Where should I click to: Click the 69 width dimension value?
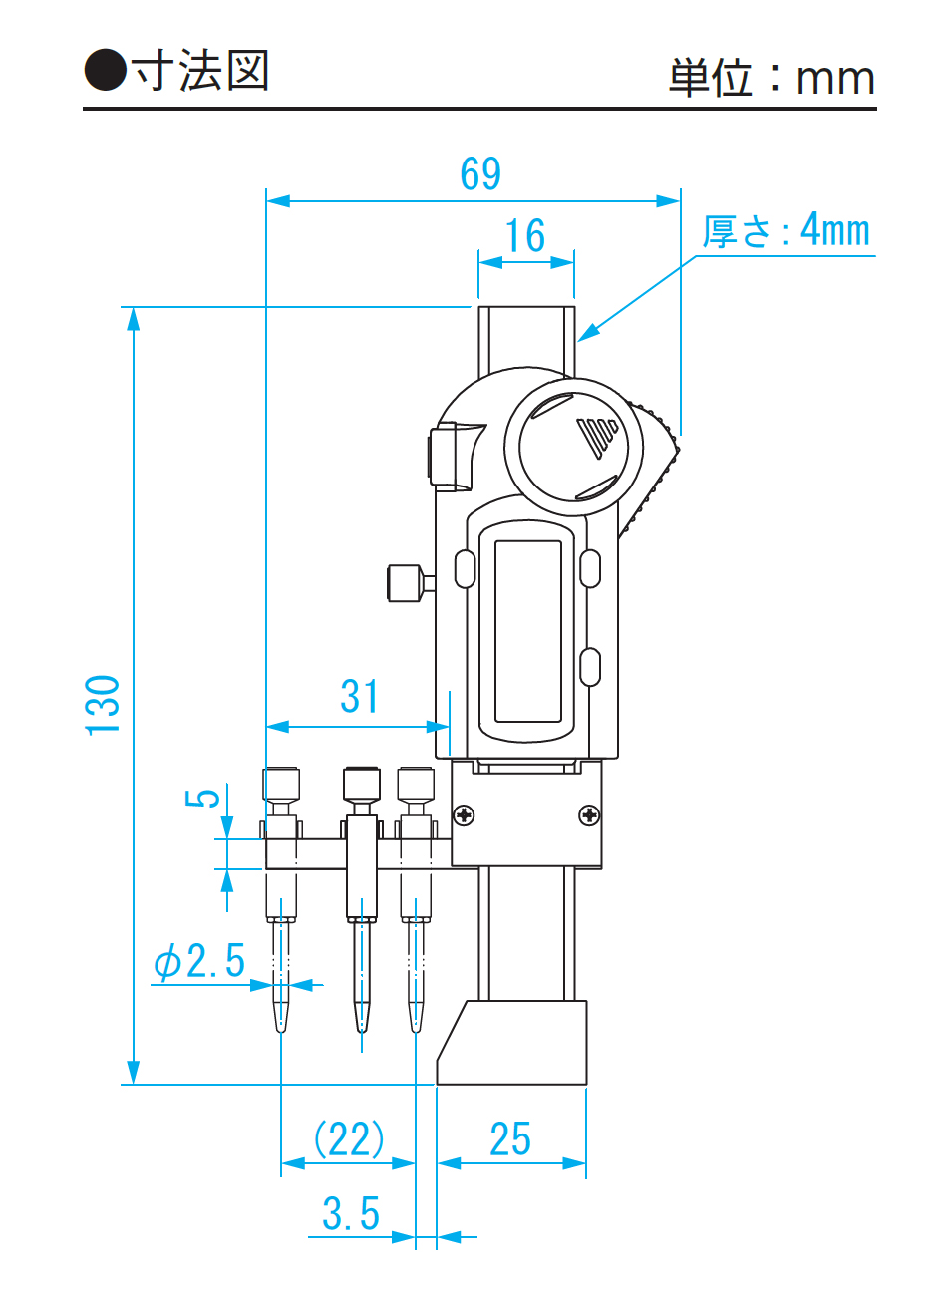pos(480,174)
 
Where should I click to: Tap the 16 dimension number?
pos(525,236)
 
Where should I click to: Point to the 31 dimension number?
pos(359,697)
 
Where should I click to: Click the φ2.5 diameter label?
pos(199,961)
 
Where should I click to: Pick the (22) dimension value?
pos(349,1138)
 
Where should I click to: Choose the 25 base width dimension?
pos(510,1138)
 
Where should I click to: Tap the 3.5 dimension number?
pos(351,1214)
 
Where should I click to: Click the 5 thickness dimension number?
pos(203,798)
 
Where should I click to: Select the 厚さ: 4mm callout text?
pos(786,231)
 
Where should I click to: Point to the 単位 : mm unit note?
pos(772,78)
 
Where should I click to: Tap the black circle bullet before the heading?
pos(105,71)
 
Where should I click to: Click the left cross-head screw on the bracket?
pos(464,815)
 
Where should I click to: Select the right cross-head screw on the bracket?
pos(589,815)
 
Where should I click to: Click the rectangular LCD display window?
pos(528,631)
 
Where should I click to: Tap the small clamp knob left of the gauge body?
pos(405,583)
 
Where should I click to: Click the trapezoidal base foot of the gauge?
pos(512,1043)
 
